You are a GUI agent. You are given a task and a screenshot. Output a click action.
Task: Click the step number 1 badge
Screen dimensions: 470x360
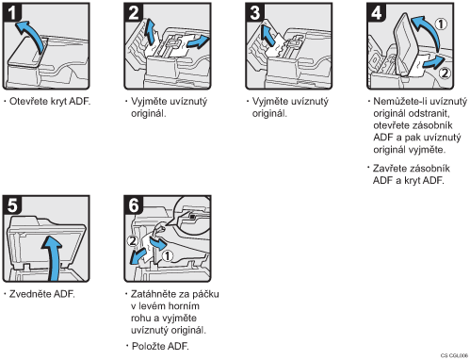(x=12, y=12)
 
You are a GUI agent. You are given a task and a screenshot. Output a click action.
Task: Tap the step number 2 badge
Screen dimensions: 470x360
(x=133, y=12)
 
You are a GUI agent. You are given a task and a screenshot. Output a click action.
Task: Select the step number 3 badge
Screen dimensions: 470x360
(x=254, y=12)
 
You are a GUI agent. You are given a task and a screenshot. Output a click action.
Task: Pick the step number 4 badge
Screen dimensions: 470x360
(x=376, y=12)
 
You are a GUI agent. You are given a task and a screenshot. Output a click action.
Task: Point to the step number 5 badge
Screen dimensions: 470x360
(x=12, y=205)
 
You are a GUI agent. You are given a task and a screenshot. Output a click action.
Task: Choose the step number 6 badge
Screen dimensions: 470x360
(x=133, y=205)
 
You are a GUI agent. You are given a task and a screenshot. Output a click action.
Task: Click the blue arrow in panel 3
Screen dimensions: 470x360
(x=267, y=35)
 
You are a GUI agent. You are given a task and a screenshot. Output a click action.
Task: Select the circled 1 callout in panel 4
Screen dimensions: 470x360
(x=441, y=25)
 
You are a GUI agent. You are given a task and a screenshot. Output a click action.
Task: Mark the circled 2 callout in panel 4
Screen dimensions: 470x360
(x=445, y=73)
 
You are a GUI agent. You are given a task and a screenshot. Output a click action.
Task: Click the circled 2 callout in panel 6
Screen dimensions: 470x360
(x=133, y=241)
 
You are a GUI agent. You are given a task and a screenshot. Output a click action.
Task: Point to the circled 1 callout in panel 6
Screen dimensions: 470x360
(x=168, y=255)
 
